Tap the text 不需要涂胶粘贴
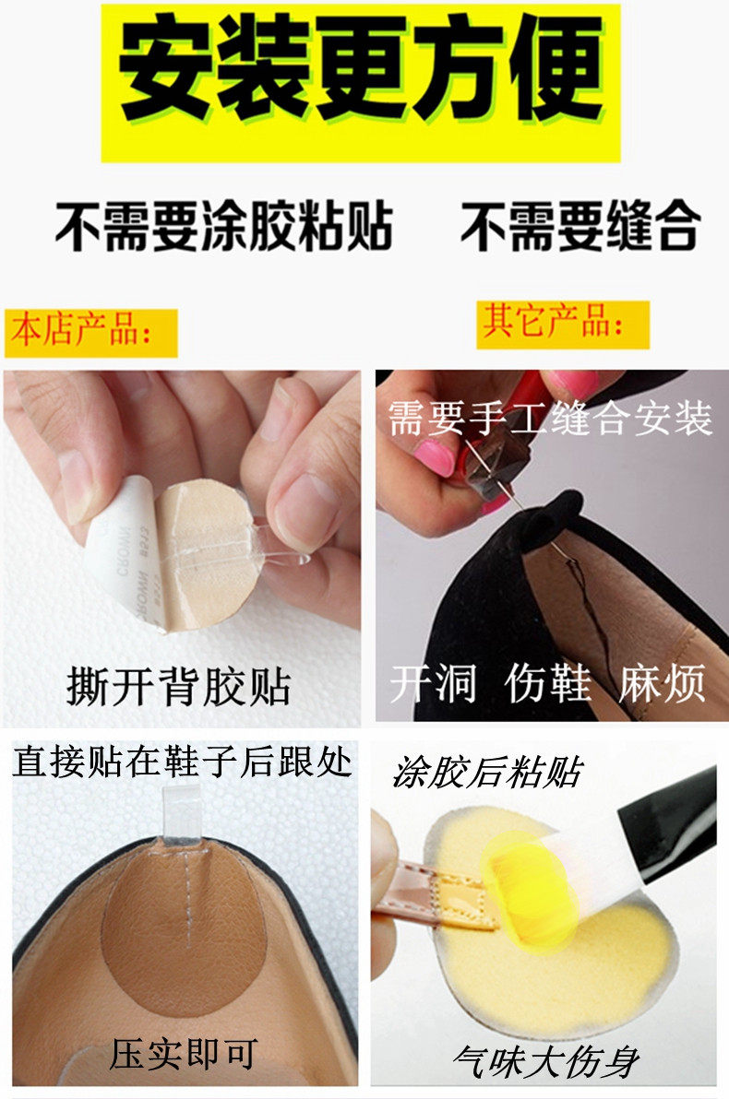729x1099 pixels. pos(224,227)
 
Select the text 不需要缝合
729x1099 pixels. pos(580,226)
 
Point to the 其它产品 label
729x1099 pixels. pos(553,322)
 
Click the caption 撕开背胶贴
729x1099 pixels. pos(179,685)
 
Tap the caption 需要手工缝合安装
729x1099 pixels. pos(550,418)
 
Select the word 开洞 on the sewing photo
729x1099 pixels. pos(433,683)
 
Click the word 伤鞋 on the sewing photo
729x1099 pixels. pos(547,683)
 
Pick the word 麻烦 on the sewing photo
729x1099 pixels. pos(662,683)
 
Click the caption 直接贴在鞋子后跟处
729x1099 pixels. pos(183,762)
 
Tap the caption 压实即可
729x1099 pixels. pos(184,1054)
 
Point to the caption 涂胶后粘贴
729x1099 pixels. pos(488,773)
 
